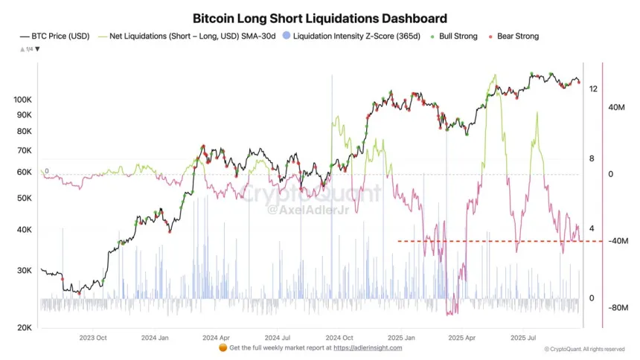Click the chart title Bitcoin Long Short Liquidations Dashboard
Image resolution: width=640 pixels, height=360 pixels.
point(320,18)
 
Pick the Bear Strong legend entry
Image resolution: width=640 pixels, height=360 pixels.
point(513,36)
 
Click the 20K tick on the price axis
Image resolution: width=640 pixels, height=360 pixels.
point(24,328)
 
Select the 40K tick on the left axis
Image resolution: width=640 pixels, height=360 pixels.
point(24,230)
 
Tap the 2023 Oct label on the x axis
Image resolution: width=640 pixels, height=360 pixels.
point(94,337)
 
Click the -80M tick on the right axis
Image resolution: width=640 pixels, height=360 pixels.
point(619,307)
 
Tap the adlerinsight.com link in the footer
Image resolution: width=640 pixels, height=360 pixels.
point(368,347)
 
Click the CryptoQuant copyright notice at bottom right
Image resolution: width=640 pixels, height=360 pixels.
point(584,349)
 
